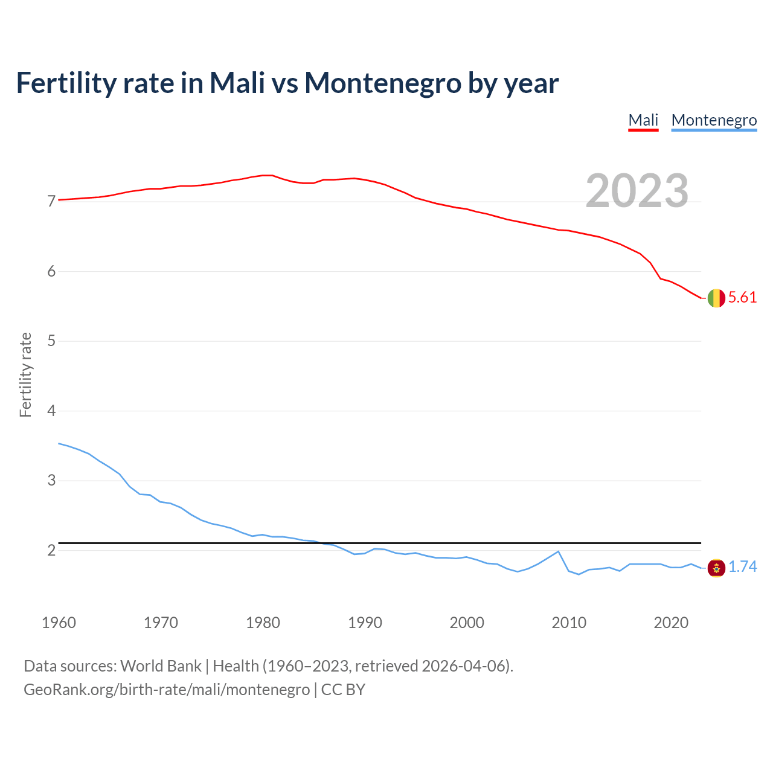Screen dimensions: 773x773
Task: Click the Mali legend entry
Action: [643, 120]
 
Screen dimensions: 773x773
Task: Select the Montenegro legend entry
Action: [714, 120]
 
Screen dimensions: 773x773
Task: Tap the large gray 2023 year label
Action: [637, 191]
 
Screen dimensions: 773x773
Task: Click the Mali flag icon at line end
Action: [716, 298]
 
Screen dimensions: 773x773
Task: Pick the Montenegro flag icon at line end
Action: [716, 568]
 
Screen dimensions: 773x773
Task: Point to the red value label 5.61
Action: [742, 297]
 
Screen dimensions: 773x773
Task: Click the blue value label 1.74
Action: [742, 566]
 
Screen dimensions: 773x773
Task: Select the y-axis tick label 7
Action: [51, 201]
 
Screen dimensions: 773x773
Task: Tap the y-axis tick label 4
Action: [51, 411]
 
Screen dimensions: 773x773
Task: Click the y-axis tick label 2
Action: [51, 551]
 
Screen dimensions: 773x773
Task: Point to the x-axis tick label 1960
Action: [59, 623]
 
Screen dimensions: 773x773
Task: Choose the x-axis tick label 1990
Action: [365, 623]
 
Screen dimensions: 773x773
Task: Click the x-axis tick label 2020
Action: [671, 623]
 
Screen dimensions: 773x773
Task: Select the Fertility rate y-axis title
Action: [25, 374]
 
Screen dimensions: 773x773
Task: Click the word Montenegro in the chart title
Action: [382, 83]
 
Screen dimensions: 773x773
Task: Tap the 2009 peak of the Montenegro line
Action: [559, 551]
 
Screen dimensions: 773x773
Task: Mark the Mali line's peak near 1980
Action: [268, 175]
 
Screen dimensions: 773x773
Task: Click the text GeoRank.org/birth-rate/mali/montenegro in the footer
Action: [167, 689]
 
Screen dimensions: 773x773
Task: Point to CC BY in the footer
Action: [343, 689]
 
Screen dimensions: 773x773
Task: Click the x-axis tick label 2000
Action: [467, 623]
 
